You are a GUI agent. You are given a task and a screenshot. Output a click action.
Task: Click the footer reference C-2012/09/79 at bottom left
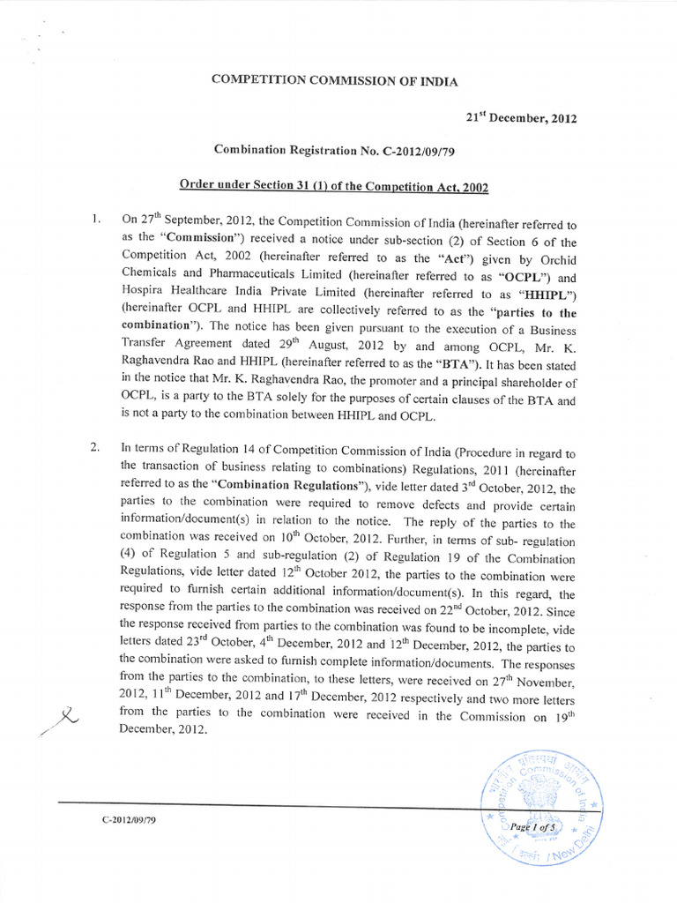[131, 820]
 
